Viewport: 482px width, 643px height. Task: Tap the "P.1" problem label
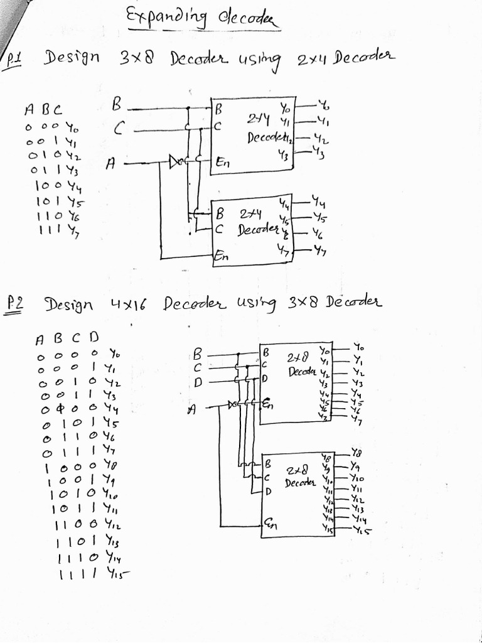(x=13, y=59)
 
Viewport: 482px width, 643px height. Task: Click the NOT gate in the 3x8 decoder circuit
(x=176, y=164)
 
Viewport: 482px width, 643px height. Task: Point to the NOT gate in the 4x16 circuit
(x=233, y=404)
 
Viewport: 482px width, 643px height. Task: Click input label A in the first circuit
(x=110, y=163)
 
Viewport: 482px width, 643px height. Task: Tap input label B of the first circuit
(x=116, y=104)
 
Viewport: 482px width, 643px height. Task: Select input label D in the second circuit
(x=197, y=381)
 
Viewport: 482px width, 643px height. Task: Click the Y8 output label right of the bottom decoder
(x=356, y=453)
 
